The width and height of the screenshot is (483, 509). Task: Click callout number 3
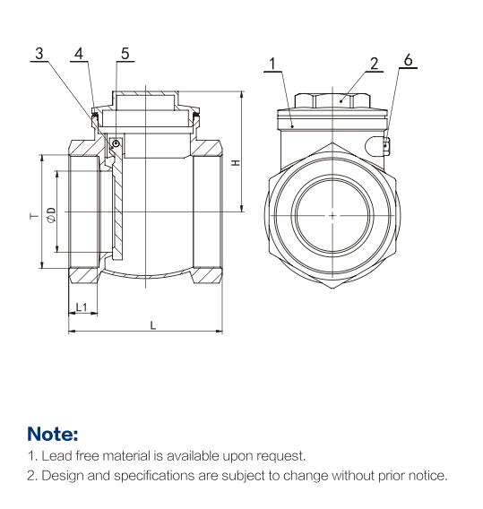pyautogui.click(x=39, y=54)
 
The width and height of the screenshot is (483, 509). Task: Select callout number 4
pyautogui.click(x=79, y=54)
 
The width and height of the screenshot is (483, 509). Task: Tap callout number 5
pyautogui.click(x=125, y=54)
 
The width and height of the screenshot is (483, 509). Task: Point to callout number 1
pyautogui.click(x=272, y=64)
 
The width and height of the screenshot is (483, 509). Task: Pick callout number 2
pyautogui.click(x=375, y=64)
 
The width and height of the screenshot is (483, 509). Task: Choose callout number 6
pyautogui.click(x=408, y=60)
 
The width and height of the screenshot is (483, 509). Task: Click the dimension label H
pyautogui.click(x=236, y=162)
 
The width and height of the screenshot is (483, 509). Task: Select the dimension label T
pyautogui.click(x=34, y=216)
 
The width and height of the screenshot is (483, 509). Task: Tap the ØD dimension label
pyautogui.click(x=52, y=215)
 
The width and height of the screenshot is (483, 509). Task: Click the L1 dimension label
pyautogui.click(x=82, y=306)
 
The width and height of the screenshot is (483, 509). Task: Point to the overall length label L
pyautogui.click(x=153, y=325)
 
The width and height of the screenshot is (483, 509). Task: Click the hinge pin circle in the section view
pyautogui.click(x=116, y=143)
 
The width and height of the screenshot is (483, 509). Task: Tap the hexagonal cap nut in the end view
pyautogui.click(x=332, y=100)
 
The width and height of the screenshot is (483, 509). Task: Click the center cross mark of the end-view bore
pyautogui.click(x=332, y=215)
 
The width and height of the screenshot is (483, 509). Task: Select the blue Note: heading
pyautogui.click(x=53, y=434)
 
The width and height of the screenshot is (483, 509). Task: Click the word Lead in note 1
pyautogui.click(x=56, y=456)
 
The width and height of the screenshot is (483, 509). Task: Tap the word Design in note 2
pyautogui.click(x=63, y=476)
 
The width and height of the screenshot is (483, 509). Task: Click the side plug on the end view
pyautogui.click(x=377, y=145)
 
